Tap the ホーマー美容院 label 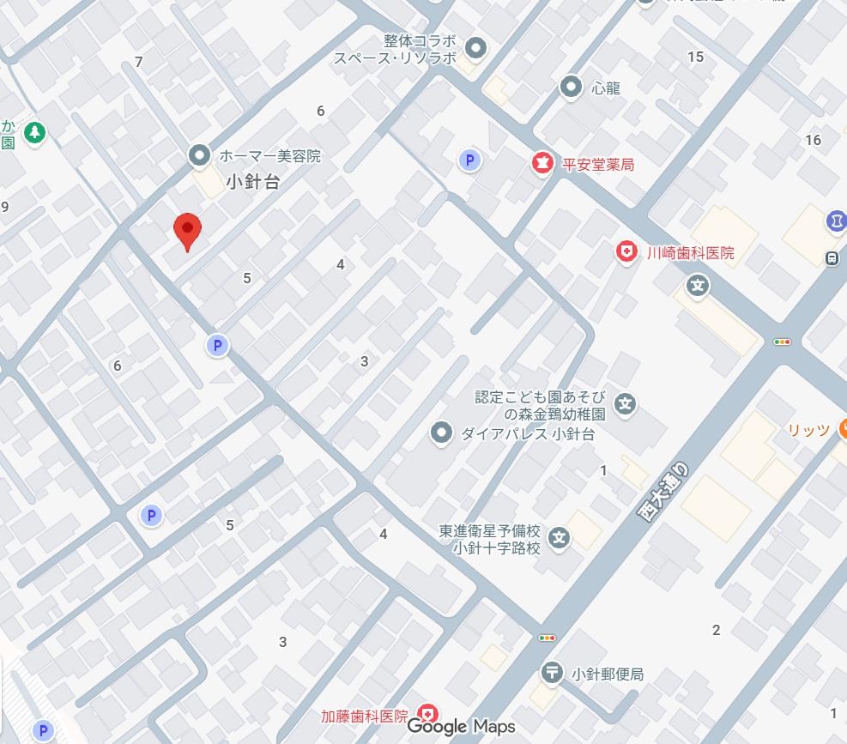pos(269,156)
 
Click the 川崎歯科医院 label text pos(691,253)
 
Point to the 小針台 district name pos(253,182)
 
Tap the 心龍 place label pos(606,88)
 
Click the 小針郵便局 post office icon pos(552,674)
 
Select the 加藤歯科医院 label pos(365,716)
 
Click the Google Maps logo pos(461,727)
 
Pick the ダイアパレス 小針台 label pos(528,434)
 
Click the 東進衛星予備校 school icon pos(560,539)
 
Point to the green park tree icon pos(34,132)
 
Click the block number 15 pos(695,57)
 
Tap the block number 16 pos(813,140)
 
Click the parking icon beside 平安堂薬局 pos(469,160)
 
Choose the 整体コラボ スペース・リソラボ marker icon pos(475,48)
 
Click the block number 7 pos(139,62)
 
